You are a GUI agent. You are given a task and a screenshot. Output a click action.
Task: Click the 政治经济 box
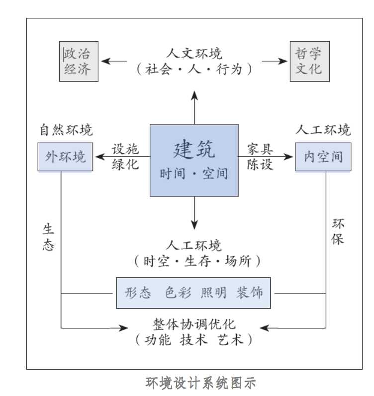pos(79,61)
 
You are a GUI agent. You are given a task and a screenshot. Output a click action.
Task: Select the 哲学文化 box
pos(309,61)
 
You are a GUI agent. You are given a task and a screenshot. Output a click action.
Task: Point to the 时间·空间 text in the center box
pos(194,174)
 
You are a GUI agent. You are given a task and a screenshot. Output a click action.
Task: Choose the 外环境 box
pos(65,157)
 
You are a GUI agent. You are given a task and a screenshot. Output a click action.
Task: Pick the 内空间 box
pos(323,157)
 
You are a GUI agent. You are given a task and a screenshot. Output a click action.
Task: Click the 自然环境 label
pos(66,130)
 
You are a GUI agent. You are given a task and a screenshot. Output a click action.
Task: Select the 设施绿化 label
pos(125,157)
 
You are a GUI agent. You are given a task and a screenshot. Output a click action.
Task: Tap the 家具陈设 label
pos(261,157)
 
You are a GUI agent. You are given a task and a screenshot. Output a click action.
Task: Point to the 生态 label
pos(48,238)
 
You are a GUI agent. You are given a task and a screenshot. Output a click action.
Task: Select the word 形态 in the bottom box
pos(138,293)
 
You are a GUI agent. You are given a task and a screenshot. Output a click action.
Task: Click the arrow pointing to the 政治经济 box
pos(114,61)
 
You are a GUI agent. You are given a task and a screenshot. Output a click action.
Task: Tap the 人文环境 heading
pos(194,53)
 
